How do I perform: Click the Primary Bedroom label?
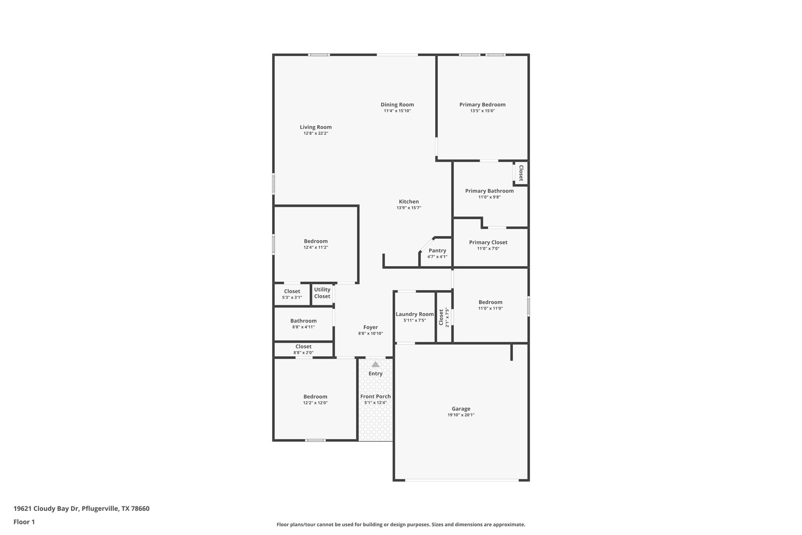point(482,105)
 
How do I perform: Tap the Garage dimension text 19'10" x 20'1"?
point(461,415)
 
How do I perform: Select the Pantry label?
point(437,250)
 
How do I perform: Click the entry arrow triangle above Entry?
point(376,365)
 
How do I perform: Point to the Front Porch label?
point(375,397)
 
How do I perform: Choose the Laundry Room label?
point(414,314)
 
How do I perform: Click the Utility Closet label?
point(322,293)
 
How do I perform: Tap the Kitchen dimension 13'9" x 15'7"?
point(408,208)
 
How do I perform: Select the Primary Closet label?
point(488,243)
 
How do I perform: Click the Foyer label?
point(370,327)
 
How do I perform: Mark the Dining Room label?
point(397,105)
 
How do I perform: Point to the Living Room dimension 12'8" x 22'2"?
point(316,134)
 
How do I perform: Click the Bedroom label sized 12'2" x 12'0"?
point(315,397)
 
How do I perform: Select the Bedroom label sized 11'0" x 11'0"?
point(490,302)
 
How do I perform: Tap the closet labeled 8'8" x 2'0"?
point(303,346)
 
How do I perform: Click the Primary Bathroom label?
point(489,191)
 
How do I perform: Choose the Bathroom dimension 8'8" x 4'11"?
point(303,327)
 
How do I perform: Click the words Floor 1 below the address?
point(24,522)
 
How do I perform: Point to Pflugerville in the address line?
point(100,509)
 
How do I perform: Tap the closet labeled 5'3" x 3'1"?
point(292,291)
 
